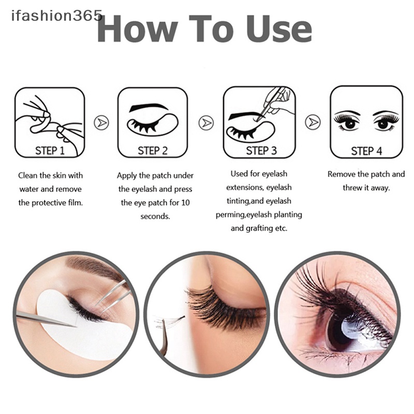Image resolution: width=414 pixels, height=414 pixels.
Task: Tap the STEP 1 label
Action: (x=50, y=151)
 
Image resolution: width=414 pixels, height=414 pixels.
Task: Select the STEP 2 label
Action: (x=153, y=151)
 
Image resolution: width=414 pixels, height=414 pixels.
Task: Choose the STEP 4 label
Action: (x=366, y=151)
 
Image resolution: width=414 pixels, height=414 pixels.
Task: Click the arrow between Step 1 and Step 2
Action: (x=101, y=123)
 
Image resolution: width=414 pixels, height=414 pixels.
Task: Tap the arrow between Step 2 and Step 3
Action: (x=206, y=123)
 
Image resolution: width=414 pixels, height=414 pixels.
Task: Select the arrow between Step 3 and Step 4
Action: (x=313, y=123)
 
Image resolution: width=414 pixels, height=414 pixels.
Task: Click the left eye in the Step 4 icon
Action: (x=347, y=123)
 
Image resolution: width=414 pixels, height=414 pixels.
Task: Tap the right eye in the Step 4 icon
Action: (x=385, y=123)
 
